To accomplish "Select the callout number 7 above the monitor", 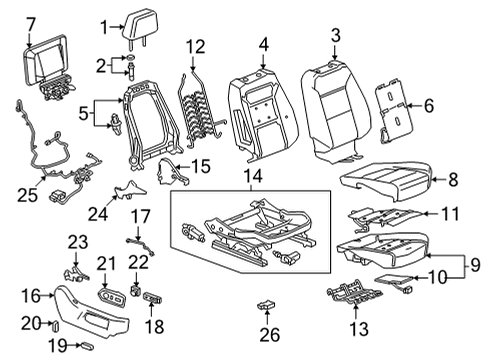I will click(x=30, y=21).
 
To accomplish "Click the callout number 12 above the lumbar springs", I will click(x=194, y=46).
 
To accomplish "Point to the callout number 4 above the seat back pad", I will click(x=263, y=43).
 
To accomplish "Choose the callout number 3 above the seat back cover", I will click(x=336, y=37).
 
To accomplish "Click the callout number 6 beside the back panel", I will click(x=429, y=104).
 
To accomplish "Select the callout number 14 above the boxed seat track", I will click(x=248, y=176).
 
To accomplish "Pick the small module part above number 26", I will click(x=265, y=304).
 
